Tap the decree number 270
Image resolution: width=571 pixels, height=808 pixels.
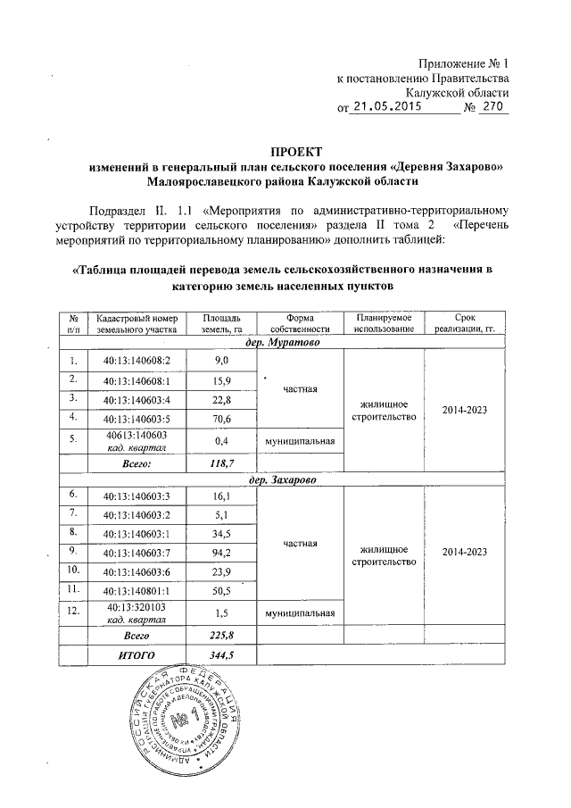[x=492, y=108]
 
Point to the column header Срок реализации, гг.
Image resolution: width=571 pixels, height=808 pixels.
[x=464, y=324]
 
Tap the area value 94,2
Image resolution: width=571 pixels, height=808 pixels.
[x=221, y=554]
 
